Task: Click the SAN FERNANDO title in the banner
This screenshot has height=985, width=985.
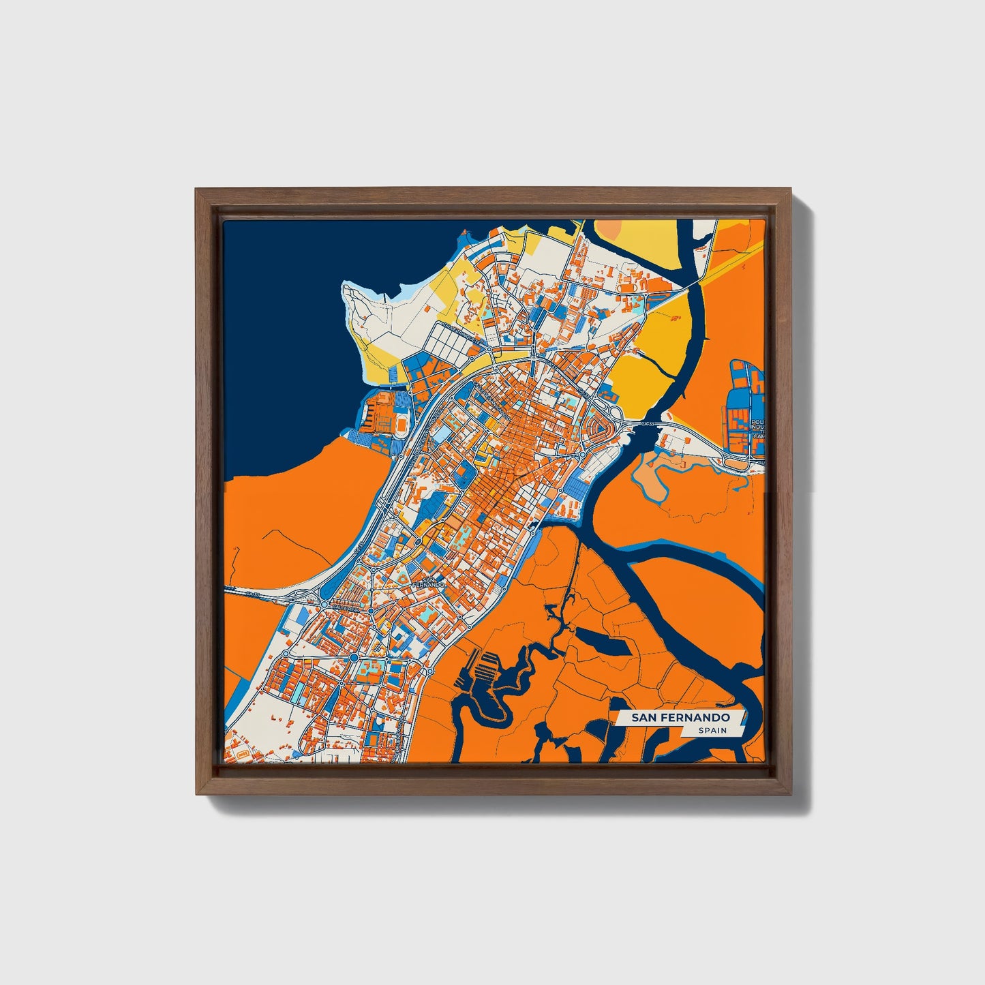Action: pyautogui.click(x=680, y=718)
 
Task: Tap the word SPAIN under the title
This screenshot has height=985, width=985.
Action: pyautogui.click(x=712, y=731)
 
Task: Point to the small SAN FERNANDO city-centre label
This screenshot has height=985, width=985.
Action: pyautogui.click(x=429, y=581)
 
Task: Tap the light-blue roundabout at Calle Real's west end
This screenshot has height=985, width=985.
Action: pyautogui.click(x=323, y=603)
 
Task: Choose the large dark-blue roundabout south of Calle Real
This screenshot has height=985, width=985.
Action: pyautogui.click(x=354, y=656)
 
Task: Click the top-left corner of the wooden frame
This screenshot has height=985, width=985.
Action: pyautogui.click(x=198, y=190)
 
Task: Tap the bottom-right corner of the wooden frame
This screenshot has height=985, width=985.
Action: pyautogui.click(x=791, y=793)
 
